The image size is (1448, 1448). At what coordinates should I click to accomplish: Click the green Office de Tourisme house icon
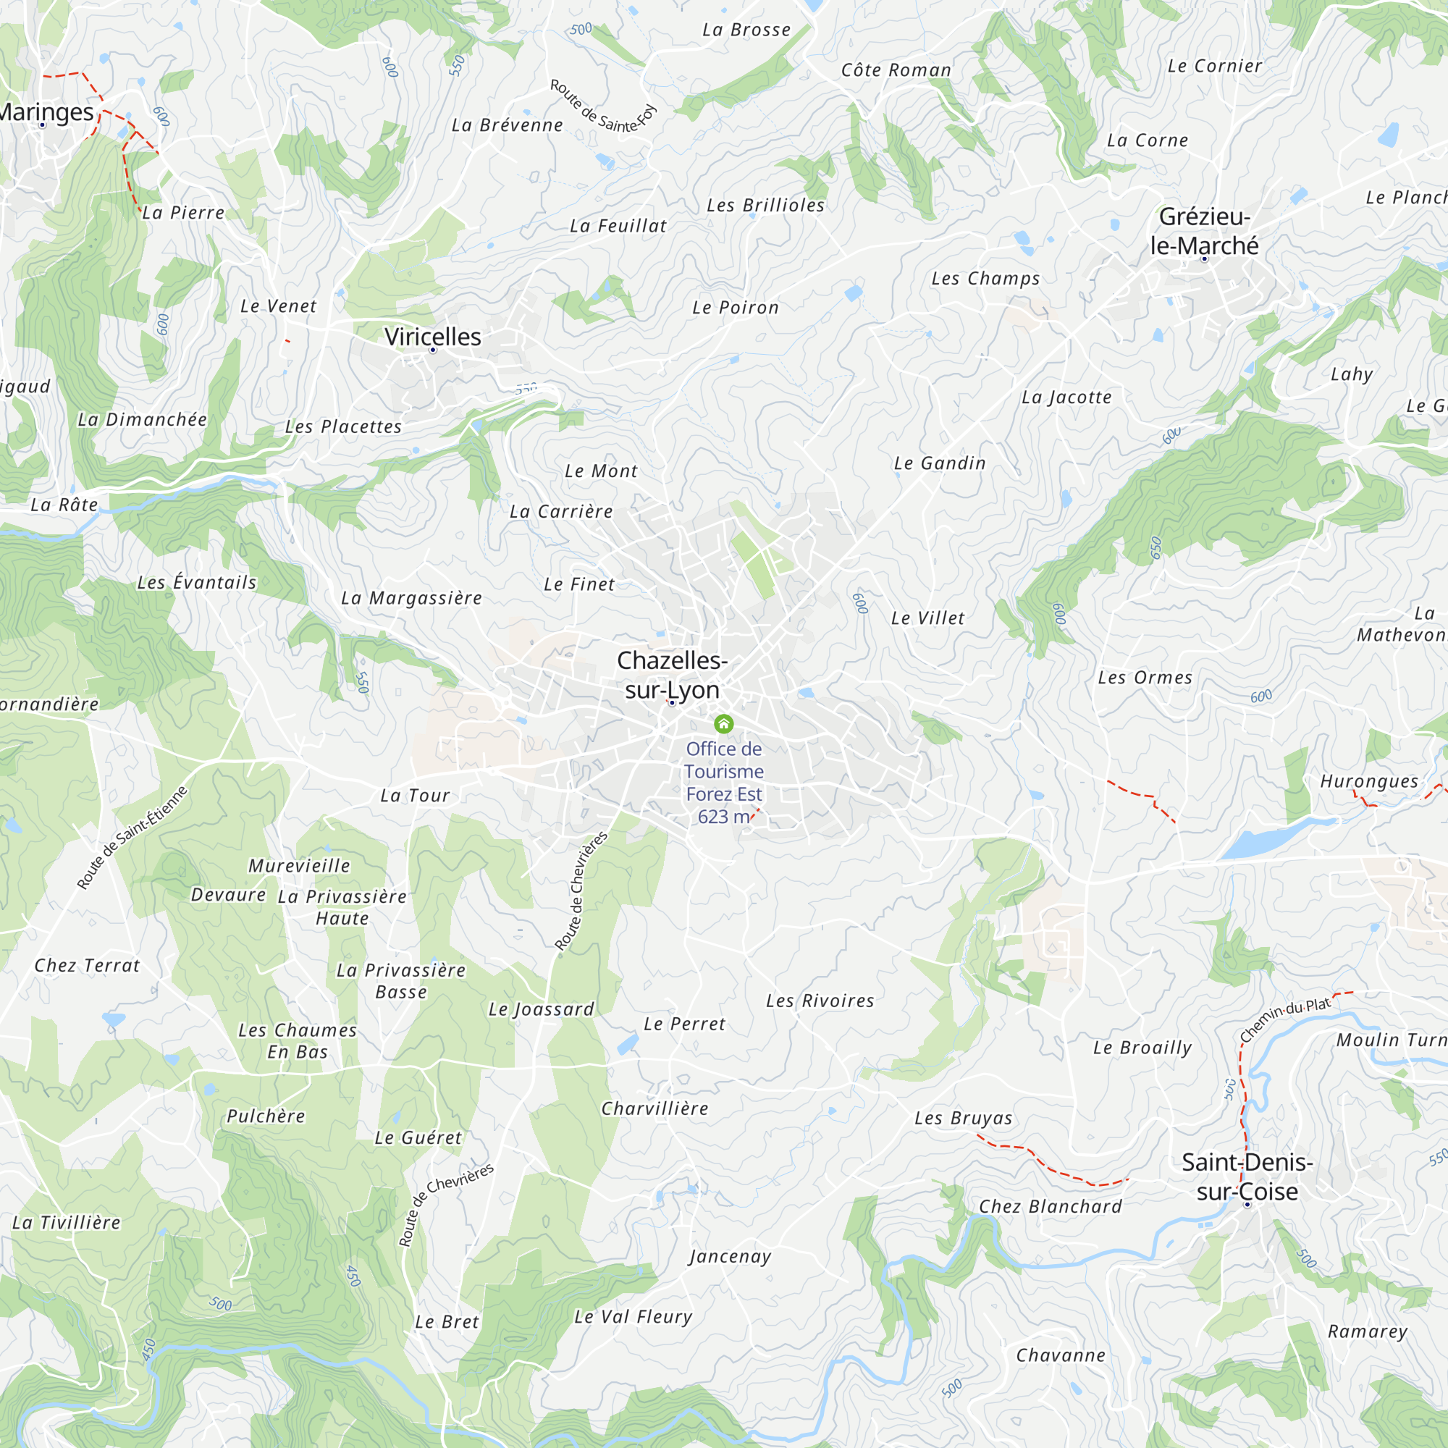pyautogui.click(x=723, y=723)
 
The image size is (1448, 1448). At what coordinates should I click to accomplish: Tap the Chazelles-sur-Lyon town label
pyautogui.click(x=673, y=675)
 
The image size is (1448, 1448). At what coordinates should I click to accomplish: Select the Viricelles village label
pyautogui.click(x=432, y=337)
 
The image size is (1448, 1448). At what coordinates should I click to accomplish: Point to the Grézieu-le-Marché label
pyautogui.click(x=1205, y=231)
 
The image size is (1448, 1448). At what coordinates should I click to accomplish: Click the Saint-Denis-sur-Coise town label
pyautogui.click(x=1247, y=1176)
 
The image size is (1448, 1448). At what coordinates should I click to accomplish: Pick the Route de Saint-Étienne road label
pyautogui.click(x=132, y=837)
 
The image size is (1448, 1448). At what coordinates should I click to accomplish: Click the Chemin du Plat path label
pyautogui.click(x=1284, y=1019)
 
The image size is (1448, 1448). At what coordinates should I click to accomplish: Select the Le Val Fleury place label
pyautogui.click(x=633, y=1317)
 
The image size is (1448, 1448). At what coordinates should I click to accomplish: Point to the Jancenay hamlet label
pyautogui.click(x=730, y=1256)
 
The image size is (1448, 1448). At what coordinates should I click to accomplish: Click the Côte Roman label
pyautogui.click(x=896, y=70)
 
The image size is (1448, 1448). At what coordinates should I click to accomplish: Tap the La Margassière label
pyautogui.click(x=411, y=598)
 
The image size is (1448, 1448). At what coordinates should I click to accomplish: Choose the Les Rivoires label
pyautogui.click(x=820, y=1001)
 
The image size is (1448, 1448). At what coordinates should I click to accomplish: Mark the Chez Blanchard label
pyautogui.click(x=1050, y=1206)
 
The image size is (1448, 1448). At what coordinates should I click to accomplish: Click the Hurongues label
pyautogui.click(x=1369, y=781)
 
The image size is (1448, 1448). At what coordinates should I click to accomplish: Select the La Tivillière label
pyautogui.click(x=67, y=1222)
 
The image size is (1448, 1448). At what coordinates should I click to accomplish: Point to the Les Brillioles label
pyautogui.click(x=765, y=206)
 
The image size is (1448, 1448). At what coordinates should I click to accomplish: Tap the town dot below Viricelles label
pyautogui.click(x=432, y=350)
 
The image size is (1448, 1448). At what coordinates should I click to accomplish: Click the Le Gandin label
pyautogui.click(x=940, y=463)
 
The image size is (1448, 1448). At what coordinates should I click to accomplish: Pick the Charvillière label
pyautogui.click(x=654, y=1108)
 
